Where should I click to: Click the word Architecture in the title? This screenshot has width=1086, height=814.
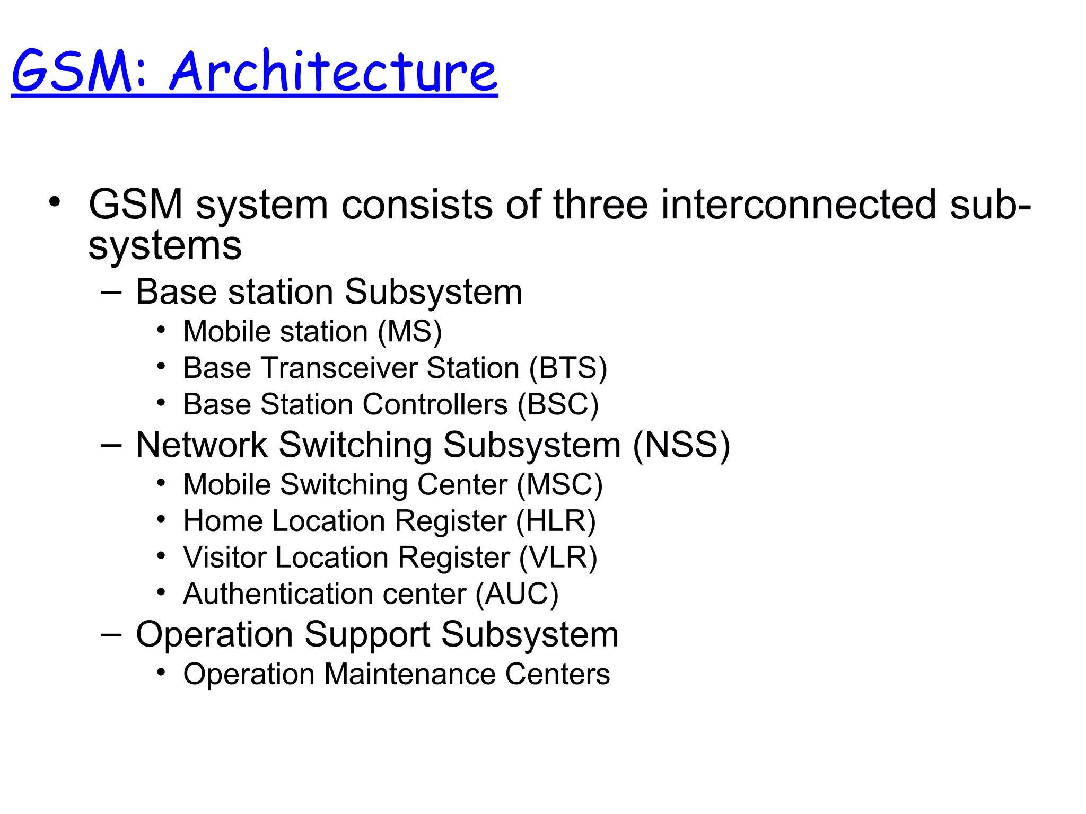pyautogui.click(x=333, y=72)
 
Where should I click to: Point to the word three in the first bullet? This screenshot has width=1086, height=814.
pyautogui.click(x=600, y=205)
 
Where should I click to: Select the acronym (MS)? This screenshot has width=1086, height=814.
pyautogui.click(x=410, y=332)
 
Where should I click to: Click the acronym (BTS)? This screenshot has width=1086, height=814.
pyautogui.click(x=568, y=368)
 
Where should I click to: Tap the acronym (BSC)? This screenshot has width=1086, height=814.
pyautogui.click(x=558, y=405)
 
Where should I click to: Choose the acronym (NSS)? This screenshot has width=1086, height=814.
pyautogui.click(x=681, y=445)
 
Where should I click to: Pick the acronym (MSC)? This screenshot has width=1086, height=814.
pyautogui.click(x=559, y=485)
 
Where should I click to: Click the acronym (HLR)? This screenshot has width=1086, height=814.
pyautogui.click(x=556, y=521)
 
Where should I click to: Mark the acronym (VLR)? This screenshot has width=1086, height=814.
pyautogui.click(x=558, y=558)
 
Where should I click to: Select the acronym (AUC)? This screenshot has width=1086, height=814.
pyautogui.click(x=516, y=594)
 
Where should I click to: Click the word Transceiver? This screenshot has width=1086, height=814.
pyautogui.click(x=339, y=368)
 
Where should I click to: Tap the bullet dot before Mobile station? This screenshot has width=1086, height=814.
pyautogui.click(x=161, y=330)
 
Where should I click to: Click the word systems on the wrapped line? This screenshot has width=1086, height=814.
pyautogui.click(x=165, y=246)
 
